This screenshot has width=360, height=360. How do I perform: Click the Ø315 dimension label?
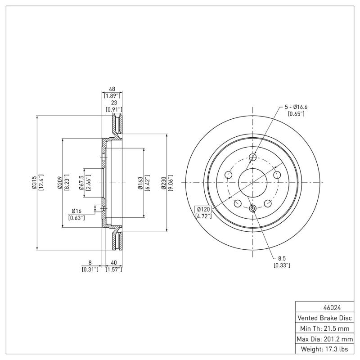tap(34, 182)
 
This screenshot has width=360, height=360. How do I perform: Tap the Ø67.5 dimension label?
tap(81, 182)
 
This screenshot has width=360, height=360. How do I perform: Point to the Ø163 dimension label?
tap(140, 182)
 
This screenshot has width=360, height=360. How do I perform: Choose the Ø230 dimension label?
tap(164, 182)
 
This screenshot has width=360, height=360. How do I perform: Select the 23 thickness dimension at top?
tap(114, 103)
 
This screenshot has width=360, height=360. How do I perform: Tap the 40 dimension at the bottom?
tap(114, 262)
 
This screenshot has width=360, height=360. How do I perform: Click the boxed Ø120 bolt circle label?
tap(203, 209)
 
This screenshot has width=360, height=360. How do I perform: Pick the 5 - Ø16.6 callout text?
tap(296, 107)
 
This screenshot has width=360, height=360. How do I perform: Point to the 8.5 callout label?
tap(282, 259)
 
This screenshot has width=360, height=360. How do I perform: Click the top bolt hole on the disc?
tap(252, 157)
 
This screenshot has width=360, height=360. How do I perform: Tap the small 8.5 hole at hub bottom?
tap(252, 208)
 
